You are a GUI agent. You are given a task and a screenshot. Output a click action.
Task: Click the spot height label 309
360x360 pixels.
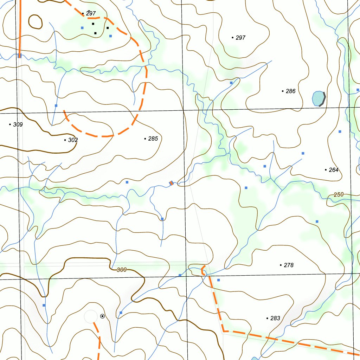coord(18,124)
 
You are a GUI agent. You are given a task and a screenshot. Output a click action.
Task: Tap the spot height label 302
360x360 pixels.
coord(73,140)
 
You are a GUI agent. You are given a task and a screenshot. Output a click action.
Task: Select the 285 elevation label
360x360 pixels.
coord(153,139)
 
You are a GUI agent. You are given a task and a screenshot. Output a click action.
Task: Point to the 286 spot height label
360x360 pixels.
coord(290,91)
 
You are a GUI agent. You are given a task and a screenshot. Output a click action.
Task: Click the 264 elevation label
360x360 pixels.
coord(333,170)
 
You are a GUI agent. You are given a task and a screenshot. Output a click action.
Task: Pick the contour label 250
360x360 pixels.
coord(339,194)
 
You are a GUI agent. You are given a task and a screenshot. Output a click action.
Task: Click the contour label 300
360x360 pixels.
coord(121,270)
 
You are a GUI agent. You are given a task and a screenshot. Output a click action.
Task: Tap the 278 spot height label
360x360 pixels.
coord(288,265)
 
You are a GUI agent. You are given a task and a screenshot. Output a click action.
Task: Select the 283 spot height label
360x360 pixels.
coord(275,318)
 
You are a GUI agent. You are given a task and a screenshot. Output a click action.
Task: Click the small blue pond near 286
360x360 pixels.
coord(318,98)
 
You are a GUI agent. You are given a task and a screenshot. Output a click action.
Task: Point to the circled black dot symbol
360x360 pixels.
coord(102,316)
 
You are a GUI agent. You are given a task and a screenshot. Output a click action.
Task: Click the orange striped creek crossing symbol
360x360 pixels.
coord(171,183)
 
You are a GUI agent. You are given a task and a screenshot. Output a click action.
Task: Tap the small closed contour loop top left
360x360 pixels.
coord(35,22)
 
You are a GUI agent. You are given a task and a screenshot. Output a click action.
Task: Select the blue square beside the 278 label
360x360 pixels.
coord(218,280)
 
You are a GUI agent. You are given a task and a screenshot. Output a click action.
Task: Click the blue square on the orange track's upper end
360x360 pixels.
coord(20,56)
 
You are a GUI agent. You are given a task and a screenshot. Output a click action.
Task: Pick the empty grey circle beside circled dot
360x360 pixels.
coord(91,316)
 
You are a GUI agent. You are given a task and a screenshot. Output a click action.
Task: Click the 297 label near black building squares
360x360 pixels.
coord(91,13)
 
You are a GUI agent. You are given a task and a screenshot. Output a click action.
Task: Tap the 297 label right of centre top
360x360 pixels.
coord(240,38)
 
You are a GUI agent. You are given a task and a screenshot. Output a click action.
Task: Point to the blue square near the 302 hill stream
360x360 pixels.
coord(56,105)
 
